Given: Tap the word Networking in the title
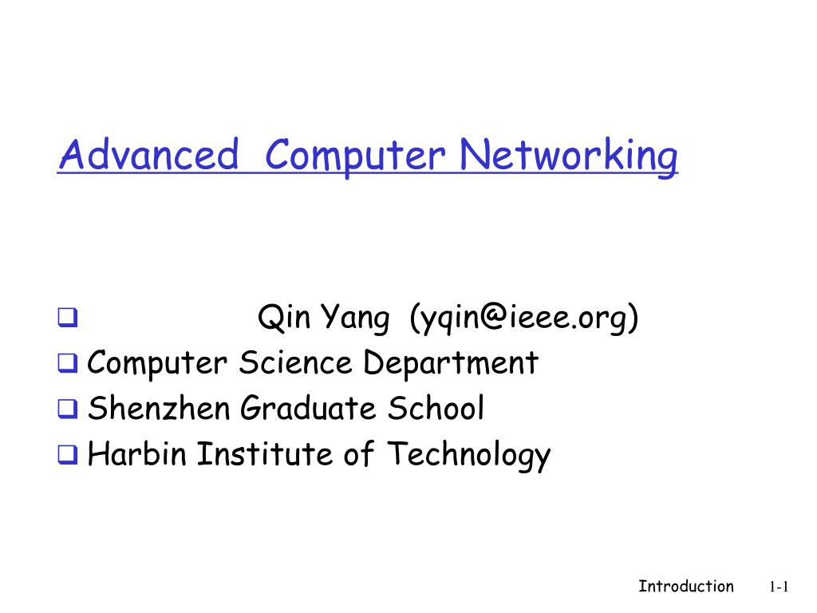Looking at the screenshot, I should [571, 155].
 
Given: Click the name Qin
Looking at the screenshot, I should [284, 319].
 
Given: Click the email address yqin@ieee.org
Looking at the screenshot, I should [524, 319].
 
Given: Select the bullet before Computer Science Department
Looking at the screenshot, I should [67, 365].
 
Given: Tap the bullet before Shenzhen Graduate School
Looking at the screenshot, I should [67, 410].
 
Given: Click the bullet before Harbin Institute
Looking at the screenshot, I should [67, 456].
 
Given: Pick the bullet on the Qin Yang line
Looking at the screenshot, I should [67, 320].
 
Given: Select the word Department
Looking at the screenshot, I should [452, 364].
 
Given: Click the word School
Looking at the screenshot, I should [436, 409].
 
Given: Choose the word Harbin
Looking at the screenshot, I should [138, 455].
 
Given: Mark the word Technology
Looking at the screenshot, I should [469, 455].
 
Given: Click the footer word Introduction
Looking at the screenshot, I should [685, 587].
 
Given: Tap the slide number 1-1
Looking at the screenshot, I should [779, 587].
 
